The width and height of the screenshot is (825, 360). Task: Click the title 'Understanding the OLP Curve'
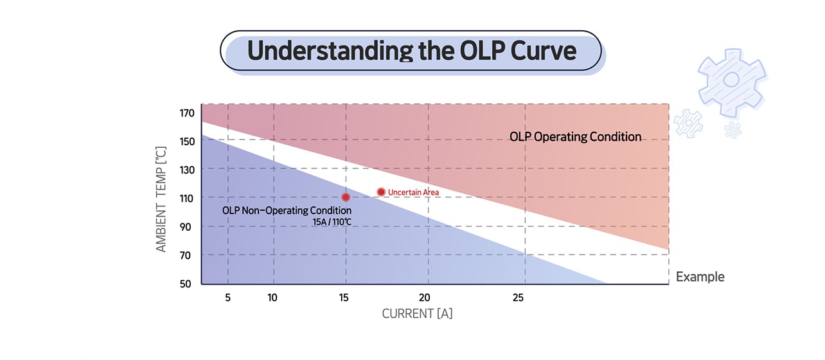tap(411, 51)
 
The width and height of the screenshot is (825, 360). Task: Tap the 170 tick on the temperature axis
tap(187, 114)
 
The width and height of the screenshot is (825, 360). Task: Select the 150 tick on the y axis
tap(187, 141)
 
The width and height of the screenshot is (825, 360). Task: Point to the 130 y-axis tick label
tap(187, 170)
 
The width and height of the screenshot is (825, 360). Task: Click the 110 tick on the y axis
tap(187, 199)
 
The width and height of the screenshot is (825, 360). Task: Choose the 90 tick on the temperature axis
tap(187, 227)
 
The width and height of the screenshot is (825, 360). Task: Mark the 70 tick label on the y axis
tap(187, 255)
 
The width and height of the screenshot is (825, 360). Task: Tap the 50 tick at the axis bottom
tap(187, 283)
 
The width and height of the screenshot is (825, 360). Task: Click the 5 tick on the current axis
tap(228, 298)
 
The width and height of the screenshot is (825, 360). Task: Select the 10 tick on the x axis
tap(272, 298)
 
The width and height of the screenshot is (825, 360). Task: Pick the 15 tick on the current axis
tap(346, 298)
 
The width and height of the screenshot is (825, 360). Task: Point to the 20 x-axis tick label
tap(424, 298)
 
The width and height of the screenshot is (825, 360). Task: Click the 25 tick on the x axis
tap(518, 298)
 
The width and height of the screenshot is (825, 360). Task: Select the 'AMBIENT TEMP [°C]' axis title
tap(161, 199)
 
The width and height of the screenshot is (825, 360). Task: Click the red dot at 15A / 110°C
tap(346, 197)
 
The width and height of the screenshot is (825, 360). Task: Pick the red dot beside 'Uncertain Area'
tap(381, 192)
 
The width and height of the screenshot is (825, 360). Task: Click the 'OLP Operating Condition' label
tap(575, 137)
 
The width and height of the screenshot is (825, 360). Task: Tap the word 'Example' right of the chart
tap(700, 277)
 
